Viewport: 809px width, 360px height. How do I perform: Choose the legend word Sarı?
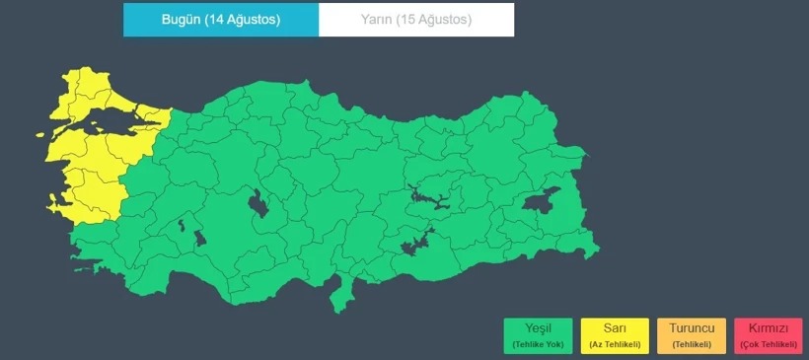(614, 328)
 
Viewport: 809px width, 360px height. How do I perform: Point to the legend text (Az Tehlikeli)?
(614, 344)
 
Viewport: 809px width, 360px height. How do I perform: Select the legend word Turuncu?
(692, 328)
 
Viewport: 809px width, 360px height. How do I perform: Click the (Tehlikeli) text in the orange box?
(692, 344)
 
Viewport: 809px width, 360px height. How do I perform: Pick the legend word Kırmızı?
(768, 328)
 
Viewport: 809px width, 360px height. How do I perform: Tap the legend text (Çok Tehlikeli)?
(768, 344)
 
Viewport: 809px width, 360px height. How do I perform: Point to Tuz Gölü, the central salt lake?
(260, 205)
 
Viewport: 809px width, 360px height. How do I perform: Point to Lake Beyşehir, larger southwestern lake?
(200, 238)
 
